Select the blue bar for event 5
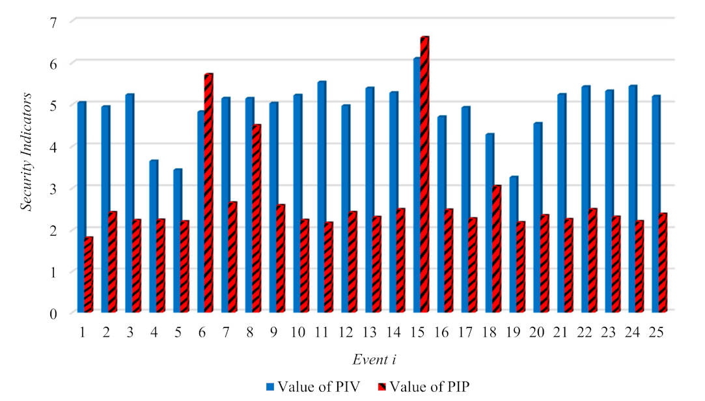coord(177,240)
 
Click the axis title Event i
coord(373,359)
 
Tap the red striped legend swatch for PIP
coord(381,386)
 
